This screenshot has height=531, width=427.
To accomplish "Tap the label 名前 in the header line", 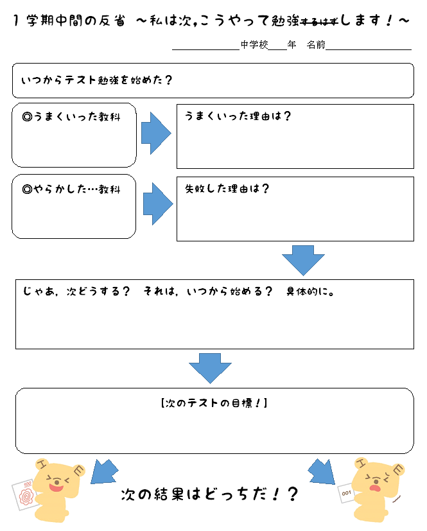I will [316, 45].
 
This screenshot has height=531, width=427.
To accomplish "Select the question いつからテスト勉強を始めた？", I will [96, 80].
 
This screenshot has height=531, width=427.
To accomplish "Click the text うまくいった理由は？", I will [238, 116].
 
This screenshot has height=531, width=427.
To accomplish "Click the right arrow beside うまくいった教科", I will [156, 134].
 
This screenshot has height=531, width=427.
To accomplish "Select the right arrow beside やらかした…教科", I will [157, 204].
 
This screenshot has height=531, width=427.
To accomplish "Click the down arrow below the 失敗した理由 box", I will [303, 259].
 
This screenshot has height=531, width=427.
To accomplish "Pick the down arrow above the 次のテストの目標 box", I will [210, 368].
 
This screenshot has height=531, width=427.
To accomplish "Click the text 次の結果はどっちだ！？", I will [210, 494].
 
